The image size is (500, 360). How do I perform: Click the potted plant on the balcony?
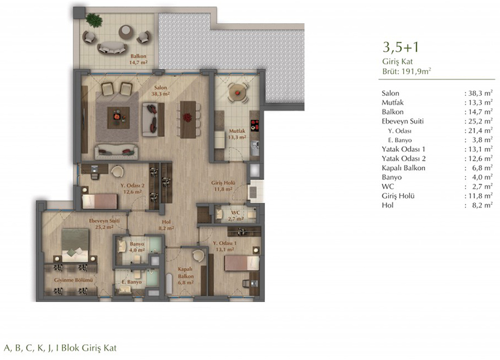(94, 20)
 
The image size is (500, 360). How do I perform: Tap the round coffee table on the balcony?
(126, 32)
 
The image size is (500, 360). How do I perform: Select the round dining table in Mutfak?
(237, 92)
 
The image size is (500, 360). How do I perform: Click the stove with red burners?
(254, 126)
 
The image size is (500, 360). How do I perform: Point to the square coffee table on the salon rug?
(118, 117)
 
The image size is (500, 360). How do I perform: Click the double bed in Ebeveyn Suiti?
(75, 245)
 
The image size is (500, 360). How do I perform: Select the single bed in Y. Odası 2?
(99, 201)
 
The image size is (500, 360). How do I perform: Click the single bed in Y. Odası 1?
(242, 263)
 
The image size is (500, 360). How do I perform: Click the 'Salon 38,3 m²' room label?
(161, 91)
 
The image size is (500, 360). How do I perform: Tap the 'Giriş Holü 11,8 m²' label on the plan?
(223, 186)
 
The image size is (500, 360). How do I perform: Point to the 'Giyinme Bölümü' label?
(73, 280)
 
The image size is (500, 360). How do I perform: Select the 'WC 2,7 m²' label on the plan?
(236, 216)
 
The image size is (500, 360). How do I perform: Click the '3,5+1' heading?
(401, 47)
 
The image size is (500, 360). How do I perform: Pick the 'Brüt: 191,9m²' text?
(407, 71)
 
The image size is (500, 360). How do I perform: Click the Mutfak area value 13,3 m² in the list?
(480, 102)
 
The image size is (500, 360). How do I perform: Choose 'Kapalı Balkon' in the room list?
(403, 167)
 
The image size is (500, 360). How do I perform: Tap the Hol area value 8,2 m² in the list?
(482, 205)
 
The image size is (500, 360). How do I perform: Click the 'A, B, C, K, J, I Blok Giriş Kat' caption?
(60, 347)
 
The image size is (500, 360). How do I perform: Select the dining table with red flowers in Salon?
(188, 119)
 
